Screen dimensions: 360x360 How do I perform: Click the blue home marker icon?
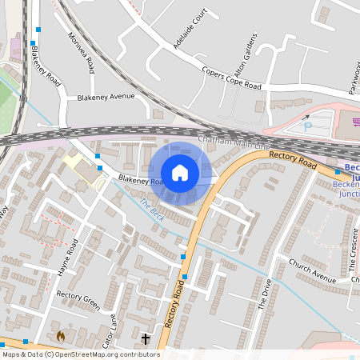[x=180, y=173]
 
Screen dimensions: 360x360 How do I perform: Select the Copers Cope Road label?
[x=232, y=78]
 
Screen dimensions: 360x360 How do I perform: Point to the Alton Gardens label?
[x=249, y=52]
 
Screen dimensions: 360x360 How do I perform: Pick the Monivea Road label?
[x=82, y=53]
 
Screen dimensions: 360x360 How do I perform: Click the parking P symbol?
[x=309, y=126]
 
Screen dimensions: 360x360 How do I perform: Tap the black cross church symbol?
[x=146, y=339]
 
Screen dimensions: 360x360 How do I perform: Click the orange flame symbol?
[x=61, y=337]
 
